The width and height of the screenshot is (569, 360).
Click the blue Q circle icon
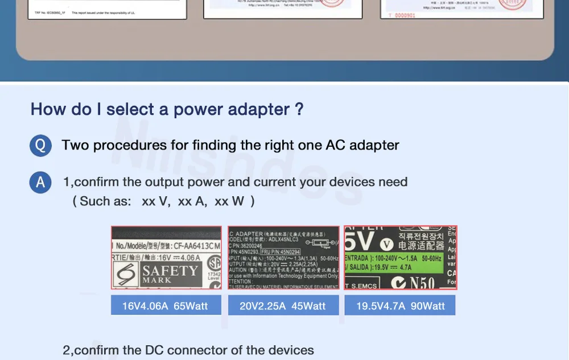(x=40, y=146)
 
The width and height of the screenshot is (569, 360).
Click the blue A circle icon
(x=40, y=183)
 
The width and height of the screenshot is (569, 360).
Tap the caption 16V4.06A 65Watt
(x=165, y=306)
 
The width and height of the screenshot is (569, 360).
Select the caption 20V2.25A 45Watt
(x=283, y=306)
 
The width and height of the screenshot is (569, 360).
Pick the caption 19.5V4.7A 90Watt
(x=401, y=306)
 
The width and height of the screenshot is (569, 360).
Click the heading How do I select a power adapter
(x=167, y=109)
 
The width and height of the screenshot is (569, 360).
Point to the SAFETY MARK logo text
(x=169, y=274)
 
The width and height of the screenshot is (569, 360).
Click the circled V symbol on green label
(x=386, y=244)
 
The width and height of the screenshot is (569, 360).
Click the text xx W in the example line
(x=229, y=201)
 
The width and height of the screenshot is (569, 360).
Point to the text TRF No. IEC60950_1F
(x=50, y=12)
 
